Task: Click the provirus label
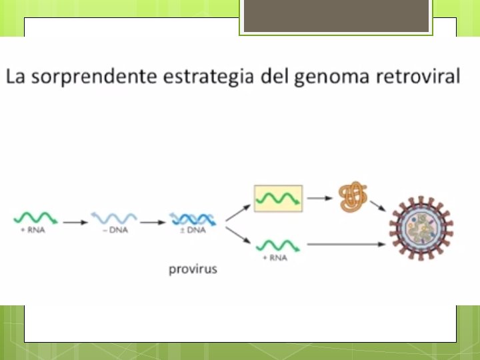click(193, 270)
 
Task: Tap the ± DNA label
click(192, 231)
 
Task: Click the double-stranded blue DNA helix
click(192, 217)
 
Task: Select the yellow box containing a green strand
click(278, 198)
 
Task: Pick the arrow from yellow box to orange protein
click(320, 198)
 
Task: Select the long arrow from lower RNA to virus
click(347, 244)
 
